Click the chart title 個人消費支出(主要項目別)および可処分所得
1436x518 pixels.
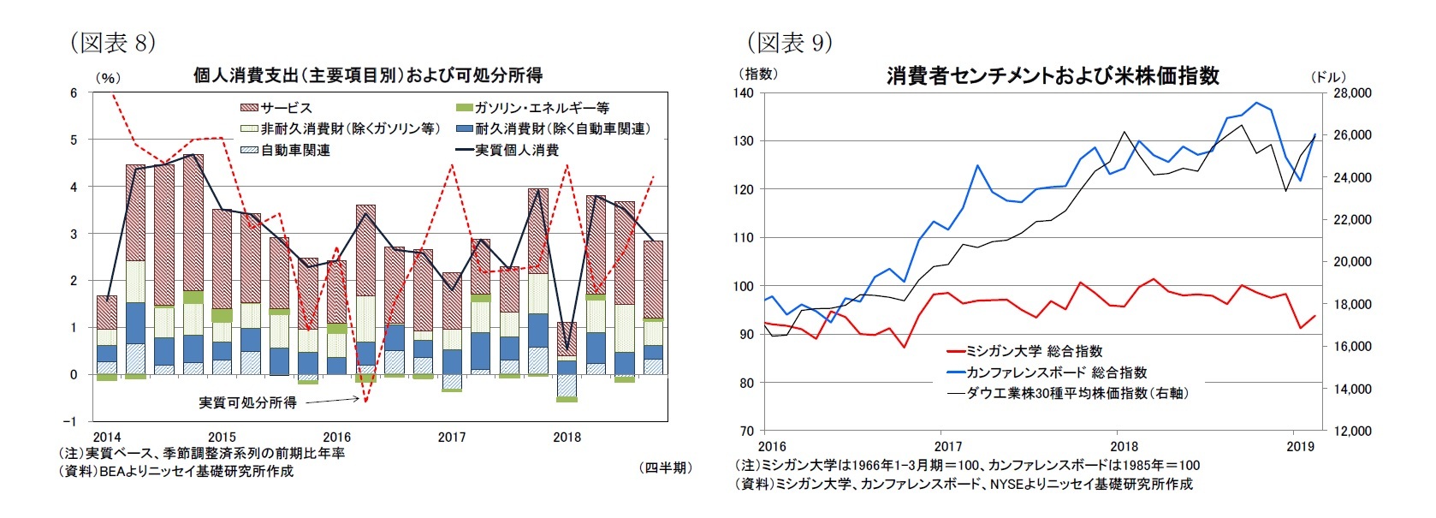(x=367, y=75)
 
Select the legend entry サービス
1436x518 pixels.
(x=286, y=108)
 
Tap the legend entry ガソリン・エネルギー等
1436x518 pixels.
(x=541, y=108)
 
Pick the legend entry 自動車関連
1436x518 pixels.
(x=294, y=150)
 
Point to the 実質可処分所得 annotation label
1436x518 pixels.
(x=247, y=402)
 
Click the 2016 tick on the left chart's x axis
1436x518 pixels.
(x=336, y=437)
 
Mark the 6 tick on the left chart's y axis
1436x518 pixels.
(x=74, y=92)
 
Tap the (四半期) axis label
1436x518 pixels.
(x=665, y=467)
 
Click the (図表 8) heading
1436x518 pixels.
(x=112, y=42)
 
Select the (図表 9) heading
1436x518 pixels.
(x=789, y=42)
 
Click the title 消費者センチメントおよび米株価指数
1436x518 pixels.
(x=1053, y=75)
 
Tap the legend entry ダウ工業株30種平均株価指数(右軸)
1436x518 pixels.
(x=1076, y=393)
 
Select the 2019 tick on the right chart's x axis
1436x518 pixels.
(x=1300, y=446)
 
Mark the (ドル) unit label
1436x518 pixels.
(x=1328, y=76)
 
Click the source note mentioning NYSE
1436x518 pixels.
(x=964, y=484)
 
